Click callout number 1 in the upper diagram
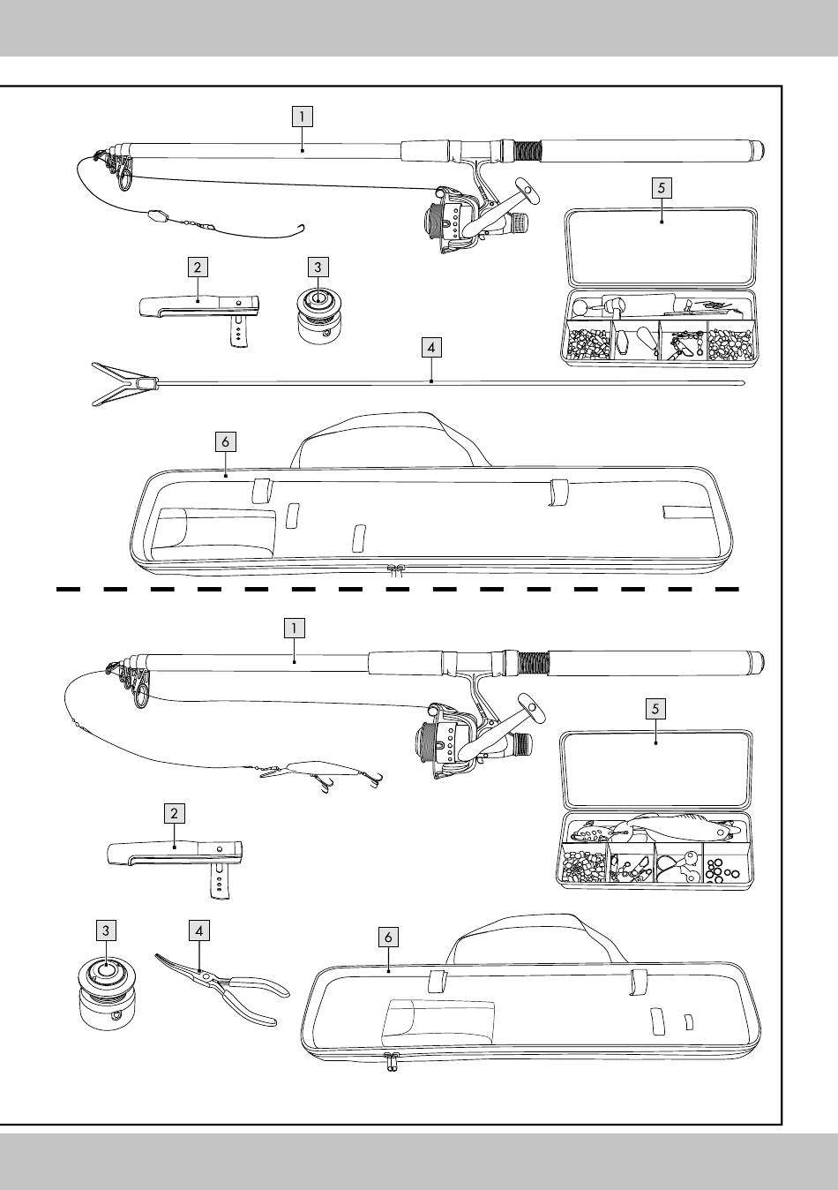[302, 116]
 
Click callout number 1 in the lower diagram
[294, 628]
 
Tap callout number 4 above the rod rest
[430, 348]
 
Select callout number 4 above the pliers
[199, 930]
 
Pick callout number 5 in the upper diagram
[662, 187]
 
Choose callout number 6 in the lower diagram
[388, 937]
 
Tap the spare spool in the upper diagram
[316, 316]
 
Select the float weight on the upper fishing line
[158, 215]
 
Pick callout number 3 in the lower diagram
[105, 930]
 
